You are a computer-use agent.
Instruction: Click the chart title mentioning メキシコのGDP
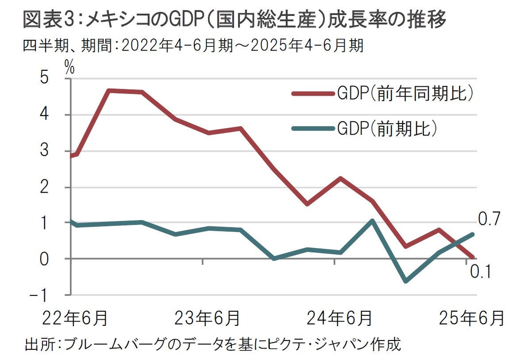(x=235, y=20)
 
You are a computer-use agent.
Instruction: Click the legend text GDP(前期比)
(x=388, y=128)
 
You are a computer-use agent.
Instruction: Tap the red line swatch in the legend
(x=312, y=93)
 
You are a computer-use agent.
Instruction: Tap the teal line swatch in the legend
(x=312, y=128)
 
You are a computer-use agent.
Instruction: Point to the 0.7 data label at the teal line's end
(x=488, y=219)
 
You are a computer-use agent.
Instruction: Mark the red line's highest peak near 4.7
(x=109, y=91)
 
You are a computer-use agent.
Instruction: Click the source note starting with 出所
(x=212, y=345)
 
